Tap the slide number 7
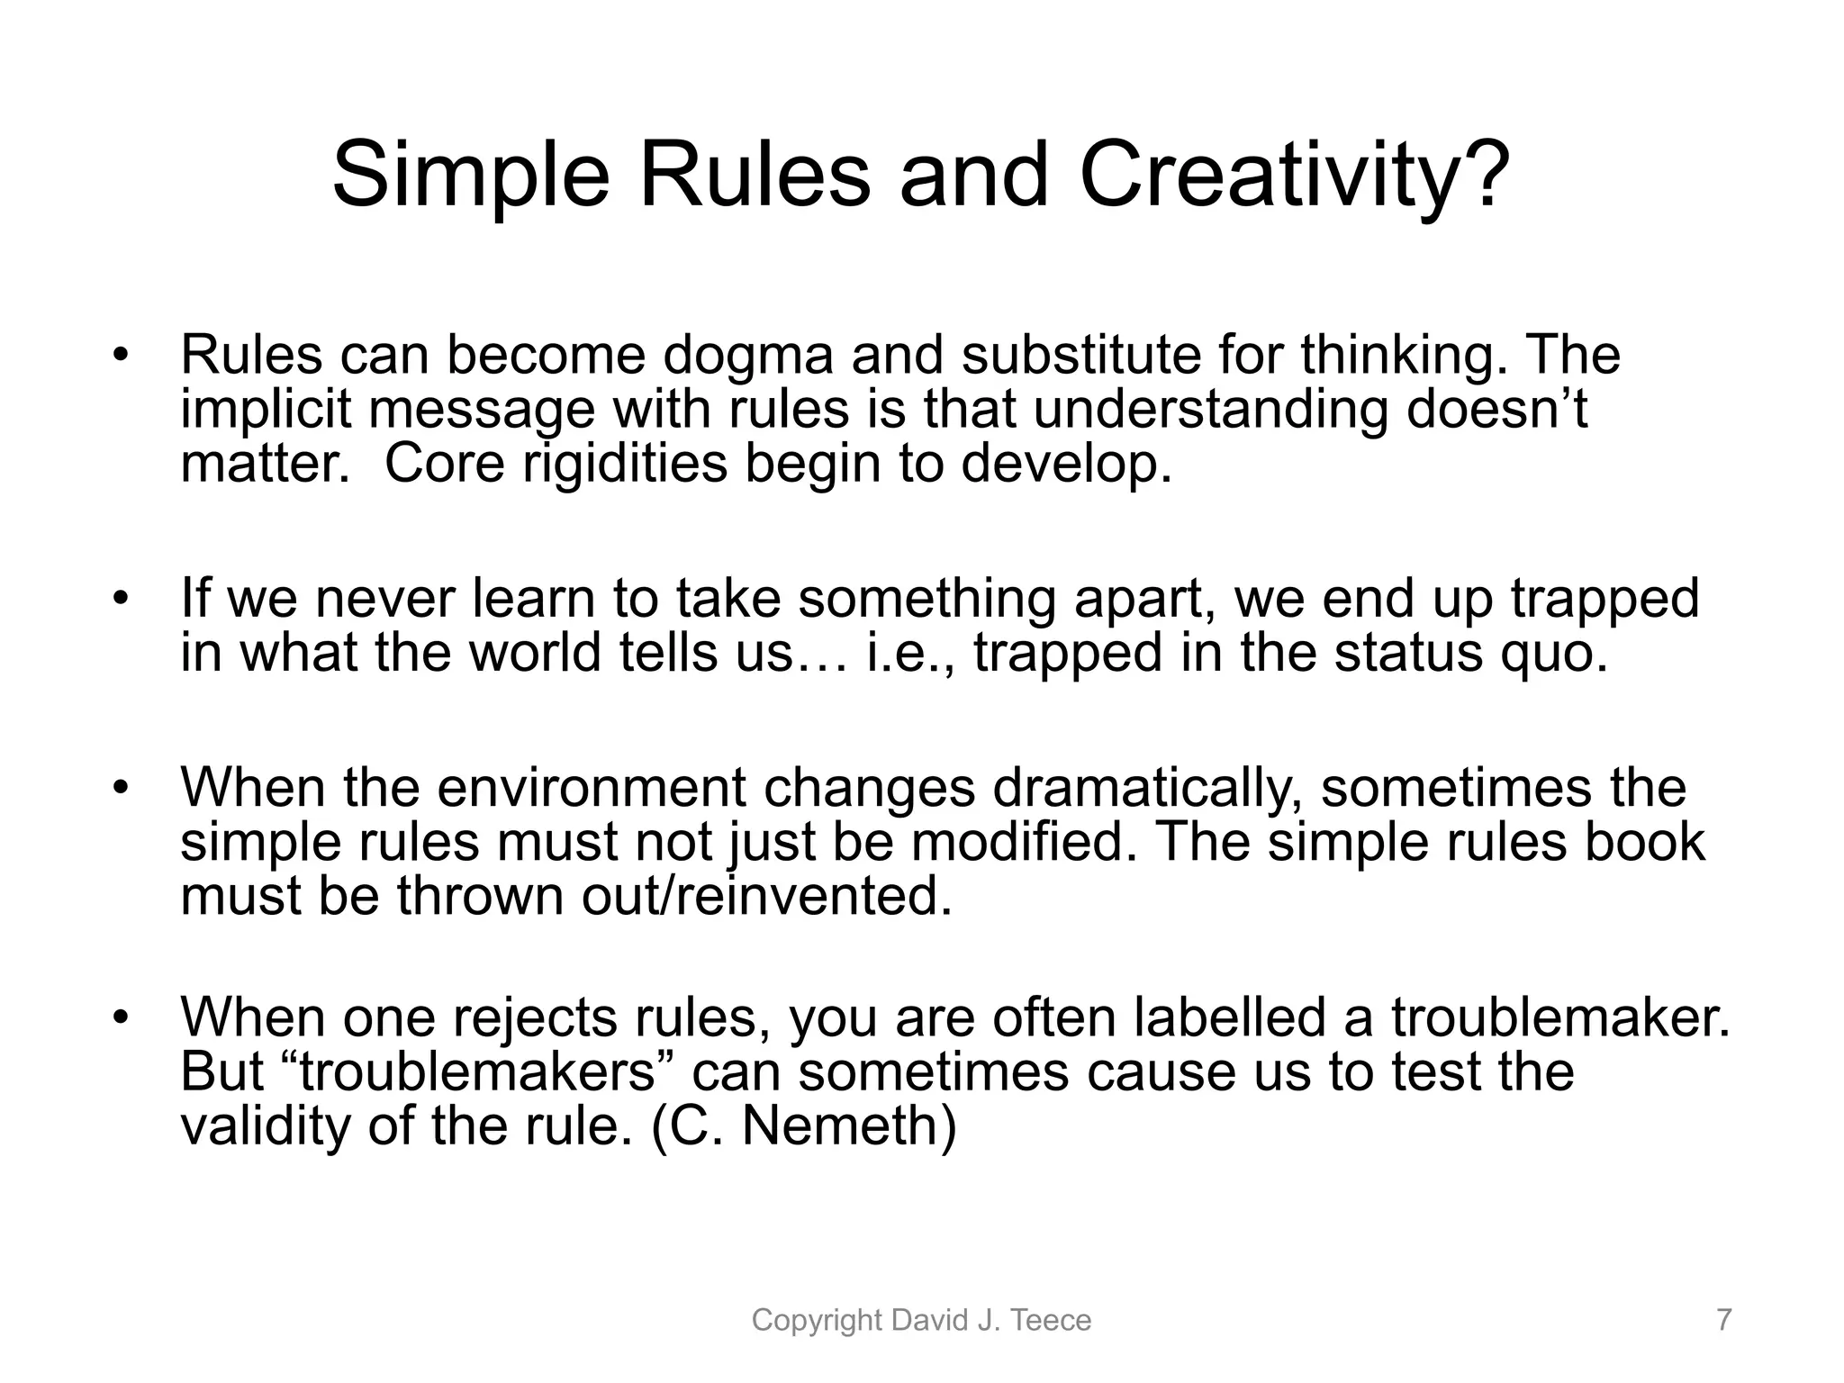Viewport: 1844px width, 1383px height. click(1723, 1321)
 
